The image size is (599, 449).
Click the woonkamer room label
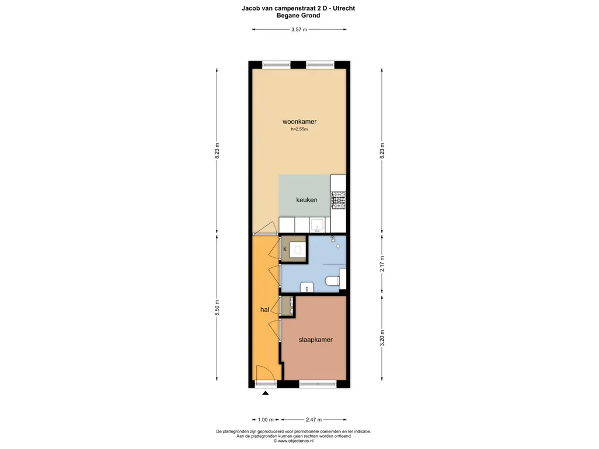pyautogui.click(x=299, y=122)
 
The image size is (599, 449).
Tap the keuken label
pyautogui.click(x=307, y=200)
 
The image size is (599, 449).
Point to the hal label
pyautogui.click(x=265, y=310)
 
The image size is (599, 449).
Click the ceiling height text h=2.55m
pyautogui.click(x=299, y=130)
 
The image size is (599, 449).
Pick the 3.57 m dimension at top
pyautogui.click(x=299, y=29)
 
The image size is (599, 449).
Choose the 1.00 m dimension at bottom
pyautogui.click(x=266, y=420)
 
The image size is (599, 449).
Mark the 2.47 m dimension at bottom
pyautogui.click(x=314, y=420)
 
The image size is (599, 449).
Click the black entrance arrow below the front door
pyautogui.click(x=266, y=393)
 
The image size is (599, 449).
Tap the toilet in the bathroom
pyautogui.click(x=332, y=282)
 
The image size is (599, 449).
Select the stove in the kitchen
pyautogui.click(x=338, y=200)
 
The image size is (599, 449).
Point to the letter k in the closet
pyautogui.click(x=285, y=249)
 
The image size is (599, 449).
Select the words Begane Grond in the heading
pyautogui.click(x=298, y=16)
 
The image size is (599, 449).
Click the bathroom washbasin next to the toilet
pyautogui.click(x=307, y=287)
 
